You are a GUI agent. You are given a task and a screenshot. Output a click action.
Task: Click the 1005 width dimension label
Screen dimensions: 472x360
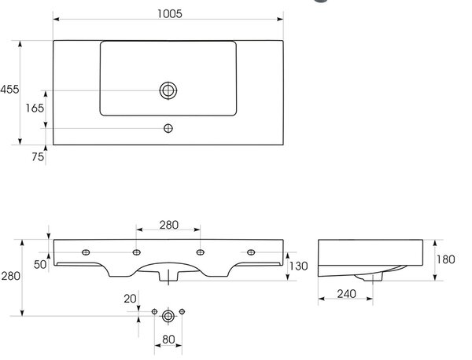pos(170,14)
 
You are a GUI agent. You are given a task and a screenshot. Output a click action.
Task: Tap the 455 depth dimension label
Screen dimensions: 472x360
pos(9,90)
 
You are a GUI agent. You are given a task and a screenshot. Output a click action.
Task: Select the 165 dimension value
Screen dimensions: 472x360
pos(35,108)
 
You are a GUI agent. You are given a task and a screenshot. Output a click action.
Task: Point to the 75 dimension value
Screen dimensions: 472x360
pos(38,156)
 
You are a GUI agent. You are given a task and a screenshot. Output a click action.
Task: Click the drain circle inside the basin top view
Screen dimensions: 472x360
pos(168,90)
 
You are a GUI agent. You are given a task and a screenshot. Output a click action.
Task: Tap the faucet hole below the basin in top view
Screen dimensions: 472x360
pos(168,128)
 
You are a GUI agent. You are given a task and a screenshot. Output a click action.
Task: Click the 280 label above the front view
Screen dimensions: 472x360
pos(169,225)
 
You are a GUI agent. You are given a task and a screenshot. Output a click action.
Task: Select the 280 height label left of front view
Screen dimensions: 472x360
pos(10,276)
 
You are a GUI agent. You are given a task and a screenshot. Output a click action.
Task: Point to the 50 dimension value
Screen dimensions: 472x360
pos(40,265)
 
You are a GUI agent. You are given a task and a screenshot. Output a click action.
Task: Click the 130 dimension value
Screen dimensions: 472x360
pos(298,266)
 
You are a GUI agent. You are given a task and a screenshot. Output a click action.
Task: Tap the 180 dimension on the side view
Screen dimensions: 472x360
pos(446,259)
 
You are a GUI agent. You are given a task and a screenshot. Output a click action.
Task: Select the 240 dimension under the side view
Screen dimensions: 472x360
pos(346,294)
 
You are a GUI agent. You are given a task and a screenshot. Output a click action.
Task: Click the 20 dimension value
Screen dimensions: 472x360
pos(130,299)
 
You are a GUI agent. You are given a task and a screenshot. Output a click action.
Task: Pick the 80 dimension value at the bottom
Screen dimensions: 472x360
pos(168,340)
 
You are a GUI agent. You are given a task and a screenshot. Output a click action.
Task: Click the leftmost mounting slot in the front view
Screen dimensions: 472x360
pos(86,252)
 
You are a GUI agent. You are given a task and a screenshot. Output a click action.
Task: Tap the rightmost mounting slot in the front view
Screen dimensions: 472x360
pos(251,252)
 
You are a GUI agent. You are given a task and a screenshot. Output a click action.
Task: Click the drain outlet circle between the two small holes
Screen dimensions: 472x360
pos(168,317)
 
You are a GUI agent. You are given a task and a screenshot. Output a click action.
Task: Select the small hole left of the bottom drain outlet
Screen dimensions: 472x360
pos(154,311)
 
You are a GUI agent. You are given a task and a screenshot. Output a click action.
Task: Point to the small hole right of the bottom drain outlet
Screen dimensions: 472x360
pos(182,311)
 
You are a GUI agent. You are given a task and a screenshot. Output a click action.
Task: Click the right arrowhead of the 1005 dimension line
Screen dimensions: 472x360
pos(280,19)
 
